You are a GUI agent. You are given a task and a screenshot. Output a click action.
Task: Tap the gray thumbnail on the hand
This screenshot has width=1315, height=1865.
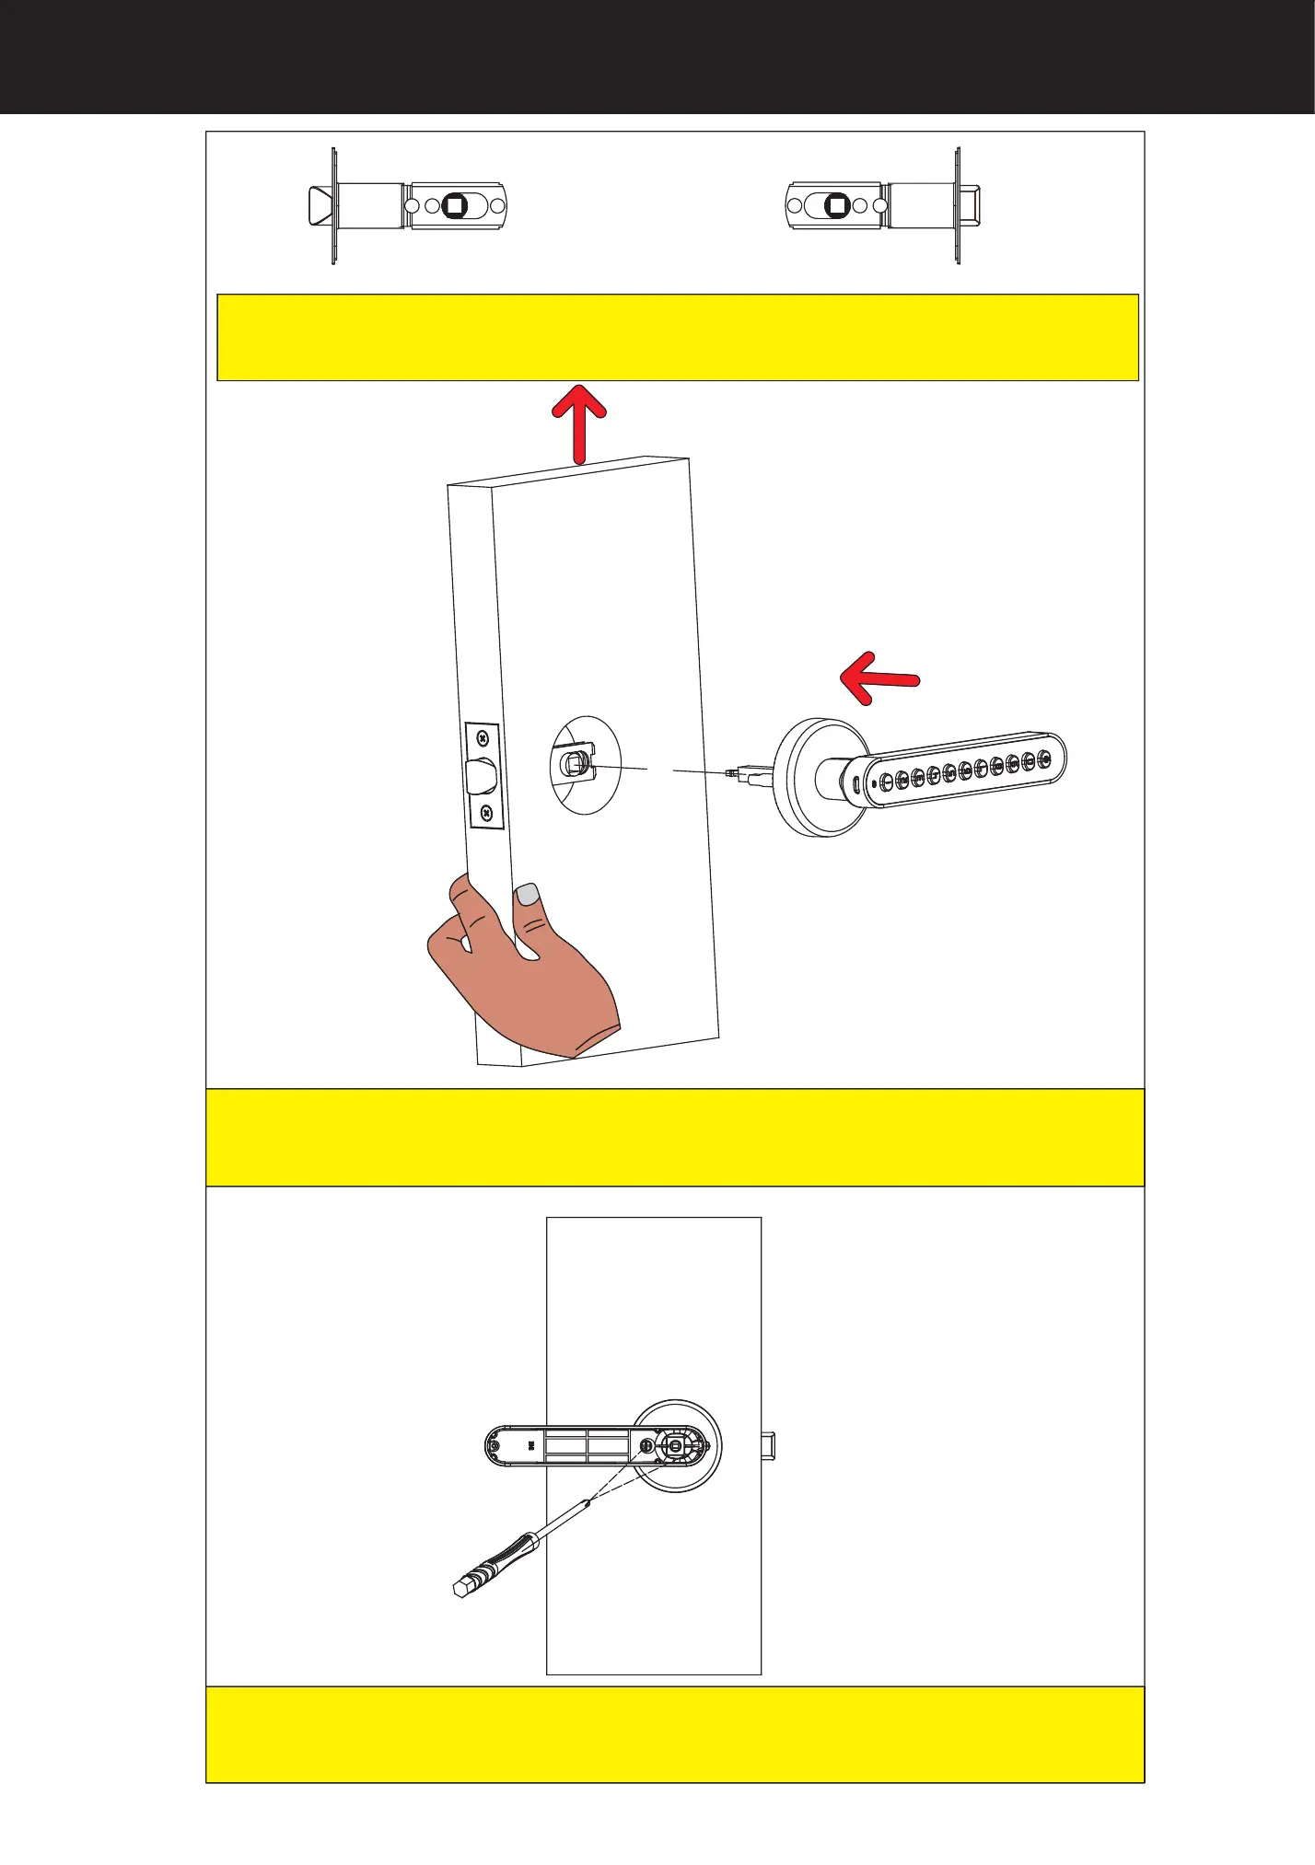tap(528, 893)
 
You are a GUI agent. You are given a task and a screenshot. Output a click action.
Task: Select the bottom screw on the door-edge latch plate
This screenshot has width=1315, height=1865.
tap(486, 813)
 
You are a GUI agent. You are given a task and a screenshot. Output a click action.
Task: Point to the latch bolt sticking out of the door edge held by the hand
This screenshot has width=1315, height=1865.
tap(481, 775)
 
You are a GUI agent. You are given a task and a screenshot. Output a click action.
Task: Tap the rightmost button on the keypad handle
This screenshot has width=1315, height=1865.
tap(1044, 759)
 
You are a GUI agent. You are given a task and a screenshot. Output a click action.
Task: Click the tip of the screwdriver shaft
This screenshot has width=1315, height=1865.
tap(588, 1502)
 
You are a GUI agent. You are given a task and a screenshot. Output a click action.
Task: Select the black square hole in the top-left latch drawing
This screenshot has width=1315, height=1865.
tap(455, 205)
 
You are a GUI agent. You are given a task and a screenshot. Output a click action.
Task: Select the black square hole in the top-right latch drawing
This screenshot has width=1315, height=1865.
tap(837, 205)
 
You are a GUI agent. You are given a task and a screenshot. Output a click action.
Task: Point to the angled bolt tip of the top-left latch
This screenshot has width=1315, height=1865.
tap(320, 205)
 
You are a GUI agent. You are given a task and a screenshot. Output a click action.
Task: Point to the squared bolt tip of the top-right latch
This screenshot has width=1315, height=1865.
tap(972, 205)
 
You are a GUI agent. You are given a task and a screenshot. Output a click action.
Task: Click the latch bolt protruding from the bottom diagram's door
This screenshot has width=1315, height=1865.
tap(769, 1445)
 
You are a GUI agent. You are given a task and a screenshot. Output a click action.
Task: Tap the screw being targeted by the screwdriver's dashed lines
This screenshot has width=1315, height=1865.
tap(646, 1446)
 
